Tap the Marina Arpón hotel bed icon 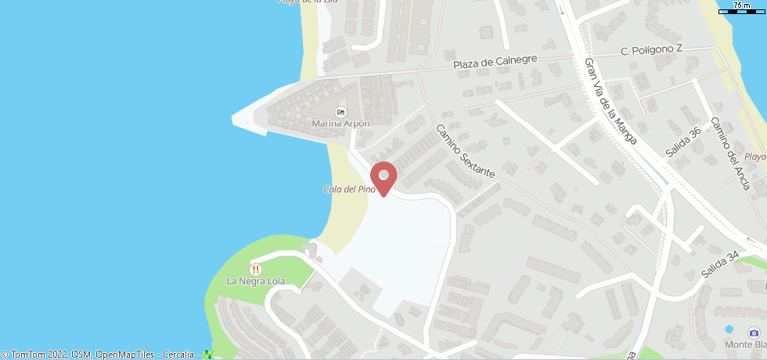(x=340, y=111)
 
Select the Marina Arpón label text (x=340, y=123)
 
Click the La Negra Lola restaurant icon (x=256, y=268)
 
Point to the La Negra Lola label (x=256, y=281)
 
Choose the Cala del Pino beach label (x=349, y=189)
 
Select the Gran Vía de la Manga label (x=610, y=100)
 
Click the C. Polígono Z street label (x=651, y=49)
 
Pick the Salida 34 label (x=720, y=265)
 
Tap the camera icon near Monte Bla (x=754, y=331)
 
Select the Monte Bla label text (x=744, y=344)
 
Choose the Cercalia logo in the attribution (x=208, y=355)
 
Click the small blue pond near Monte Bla (x=729, y=329)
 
